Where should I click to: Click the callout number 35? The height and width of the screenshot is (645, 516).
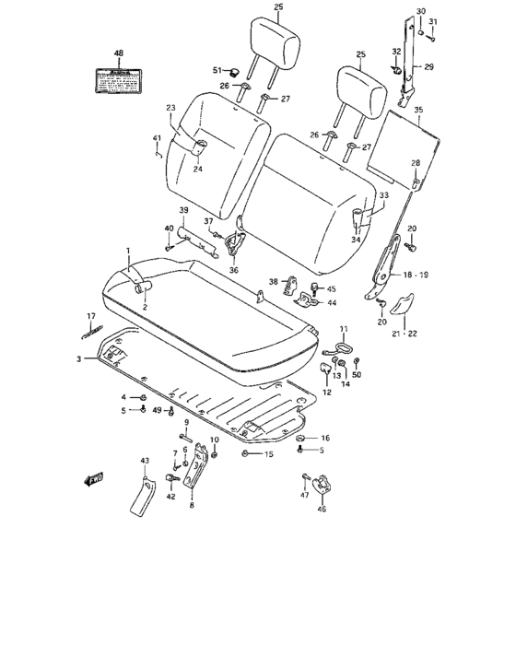pyautogui.click(x=417, y=110)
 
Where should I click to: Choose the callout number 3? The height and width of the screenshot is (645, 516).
pyautogui.click(x=79, y=358)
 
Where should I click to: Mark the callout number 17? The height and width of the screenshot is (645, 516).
pyautogui.click(x=91, y=316)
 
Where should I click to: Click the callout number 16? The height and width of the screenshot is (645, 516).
pyautogui.click(x=324, y=438)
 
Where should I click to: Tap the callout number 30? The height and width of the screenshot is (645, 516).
pyautogui.click(x=420, y=10)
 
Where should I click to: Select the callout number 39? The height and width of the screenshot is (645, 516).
pyautogui.click(x=183, y=211)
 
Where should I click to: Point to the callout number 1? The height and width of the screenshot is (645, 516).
pyautogui.click(x=129, y=251)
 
